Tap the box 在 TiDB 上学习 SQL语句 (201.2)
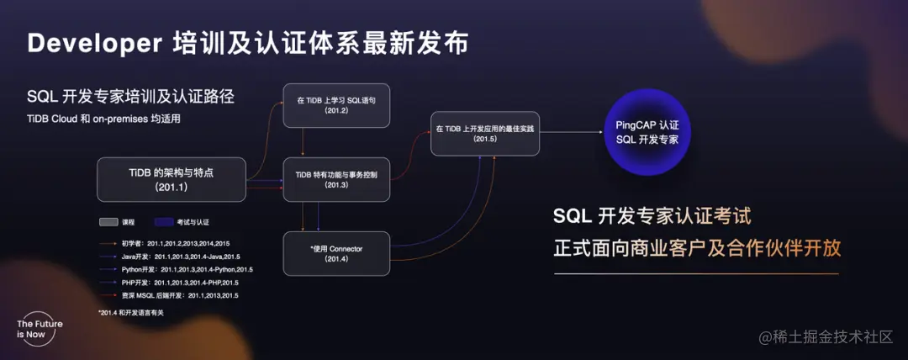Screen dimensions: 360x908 (336, 105)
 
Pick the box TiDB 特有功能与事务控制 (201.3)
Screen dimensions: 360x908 (336, 179)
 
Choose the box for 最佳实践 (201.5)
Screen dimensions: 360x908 (485, 133)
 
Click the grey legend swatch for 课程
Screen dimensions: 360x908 (108, 222)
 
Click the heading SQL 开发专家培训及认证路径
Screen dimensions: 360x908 (130, 97)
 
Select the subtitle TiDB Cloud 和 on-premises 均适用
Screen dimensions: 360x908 (103, 119)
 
